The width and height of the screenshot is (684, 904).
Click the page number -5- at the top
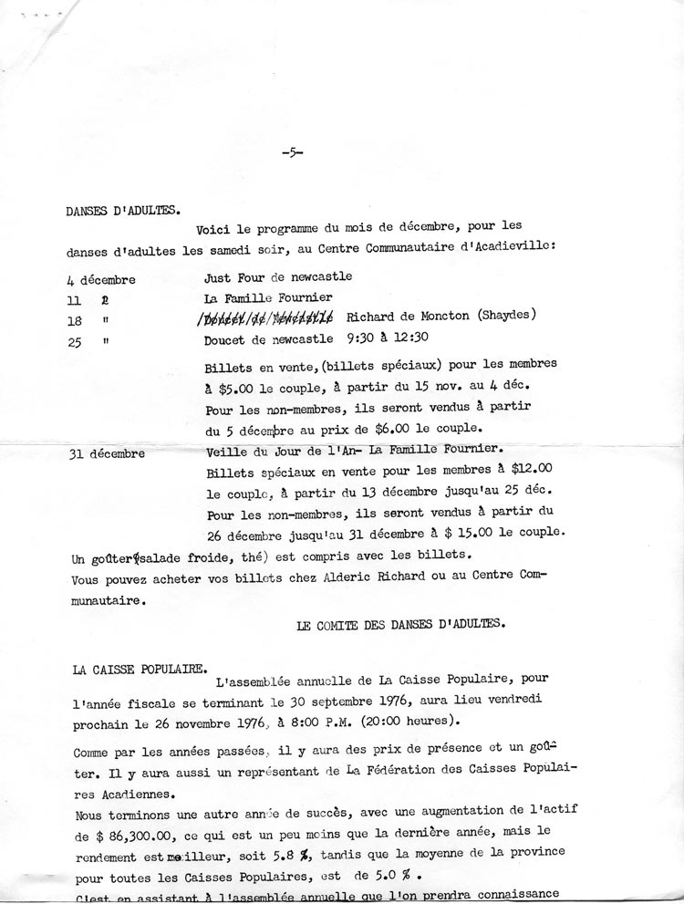[x=293, y=153]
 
